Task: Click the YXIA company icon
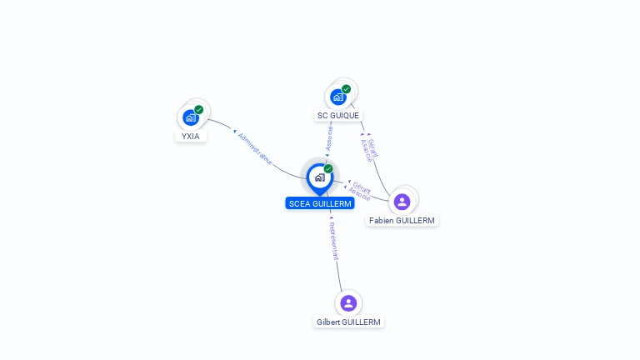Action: pos(191,117)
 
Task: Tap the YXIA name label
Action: pos(191,136)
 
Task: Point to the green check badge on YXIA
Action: pos(198,109)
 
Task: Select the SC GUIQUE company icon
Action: pos(337,97)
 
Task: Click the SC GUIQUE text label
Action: pos(338,116)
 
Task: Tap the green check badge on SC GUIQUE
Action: pos(346,89)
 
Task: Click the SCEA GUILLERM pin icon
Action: pos(319,177)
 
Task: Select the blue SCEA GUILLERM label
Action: pos(319,203)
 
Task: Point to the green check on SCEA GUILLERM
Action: pos(328,168)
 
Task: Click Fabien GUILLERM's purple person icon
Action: pos(402,201)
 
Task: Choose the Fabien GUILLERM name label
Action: pos(402,221)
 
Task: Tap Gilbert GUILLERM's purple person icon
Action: pos(348,302)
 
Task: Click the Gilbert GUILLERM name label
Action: pos(348,322)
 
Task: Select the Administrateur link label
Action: pos(255,147)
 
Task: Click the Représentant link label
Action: pos(333,241)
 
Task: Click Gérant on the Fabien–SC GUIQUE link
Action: pos(373,147)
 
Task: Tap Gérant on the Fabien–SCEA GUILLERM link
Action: pos(362,186)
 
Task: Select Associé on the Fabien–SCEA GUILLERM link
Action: pos(359,193)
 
